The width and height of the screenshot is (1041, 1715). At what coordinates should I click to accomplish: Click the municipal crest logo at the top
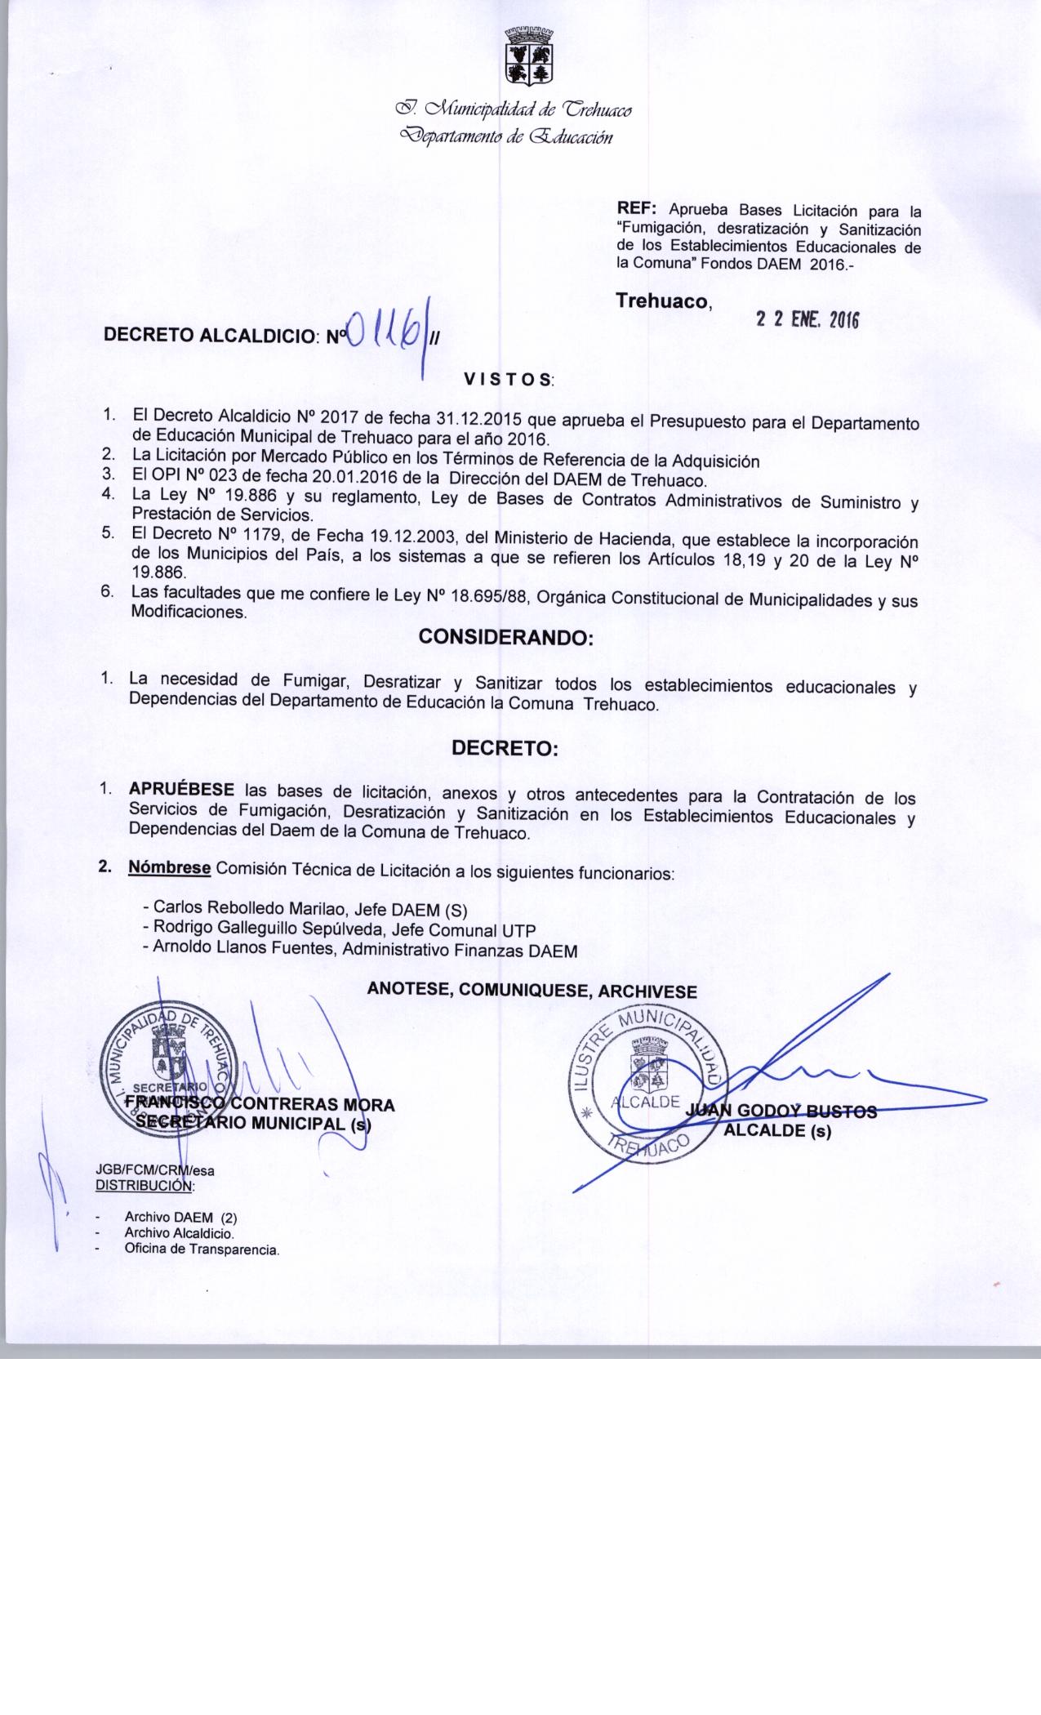(529, 56)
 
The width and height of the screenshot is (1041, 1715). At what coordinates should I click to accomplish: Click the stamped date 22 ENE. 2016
(807, 320)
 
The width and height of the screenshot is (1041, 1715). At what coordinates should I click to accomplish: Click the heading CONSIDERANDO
(505, 638)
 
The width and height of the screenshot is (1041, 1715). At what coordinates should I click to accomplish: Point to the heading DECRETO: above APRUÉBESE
(505, 748)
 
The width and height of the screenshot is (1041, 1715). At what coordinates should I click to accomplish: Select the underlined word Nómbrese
(170, 867)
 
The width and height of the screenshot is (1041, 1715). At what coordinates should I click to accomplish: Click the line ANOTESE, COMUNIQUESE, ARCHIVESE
(532, 991)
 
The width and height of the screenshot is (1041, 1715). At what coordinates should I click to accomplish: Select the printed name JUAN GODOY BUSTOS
(782, 1111)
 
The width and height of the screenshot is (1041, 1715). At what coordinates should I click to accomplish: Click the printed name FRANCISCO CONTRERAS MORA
(260, 1105)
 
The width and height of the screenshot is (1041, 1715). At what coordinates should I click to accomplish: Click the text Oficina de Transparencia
(202, 1249)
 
